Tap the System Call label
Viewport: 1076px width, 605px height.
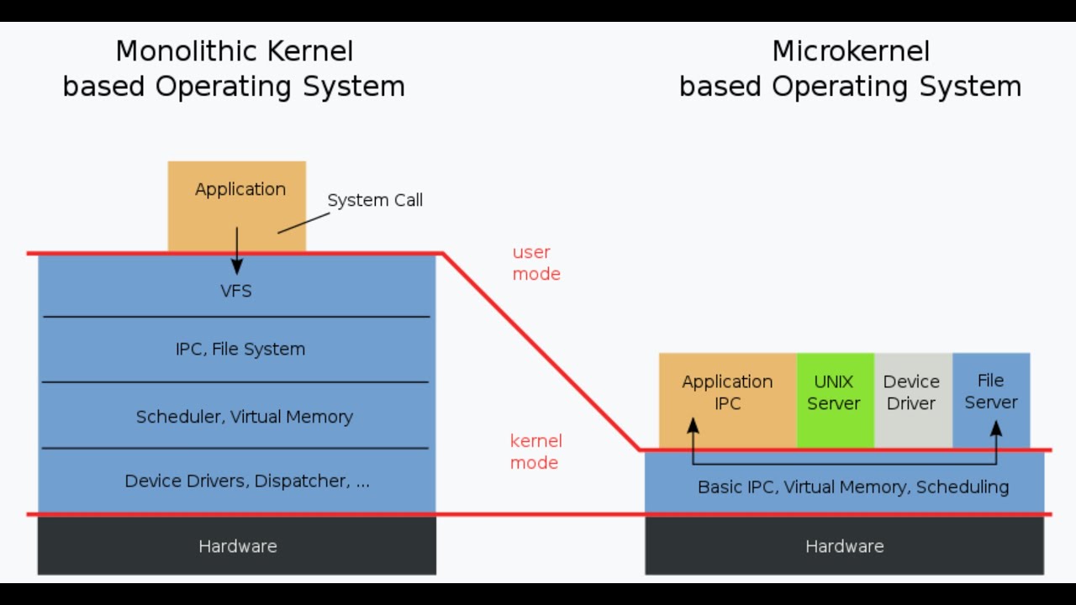click(x=375, y=200)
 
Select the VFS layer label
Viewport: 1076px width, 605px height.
click(x=236, y=292)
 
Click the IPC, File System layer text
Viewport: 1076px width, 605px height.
click(x=240, y=349)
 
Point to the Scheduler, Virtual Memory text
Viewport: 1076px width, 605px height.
click(x=245, y=417)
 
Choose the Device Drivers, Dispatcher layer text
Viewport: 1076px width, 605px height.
click(x=247, y=481)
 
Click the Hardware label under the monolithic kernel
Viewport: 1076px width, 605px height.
click(x=238, y=546)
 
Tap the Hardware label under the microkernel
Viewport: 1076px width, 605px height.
click(x=845, y=546)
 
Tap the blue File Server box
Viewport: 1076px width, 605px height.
click(x=991, y=392)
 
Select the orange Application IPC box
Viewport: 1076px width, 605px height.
click(x=727, y=392)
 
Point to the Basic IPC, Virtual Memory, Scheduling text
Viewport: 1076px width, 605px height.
click(x=853, y=487)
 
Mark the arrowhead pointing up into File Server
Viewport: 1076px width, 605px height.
click(x=996, y=429)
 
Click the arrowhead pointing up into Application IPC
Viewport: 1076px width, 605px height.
click(x=693, y=426)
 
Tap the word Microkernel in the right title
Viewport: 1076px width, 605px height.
click(x=851, y=51)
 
